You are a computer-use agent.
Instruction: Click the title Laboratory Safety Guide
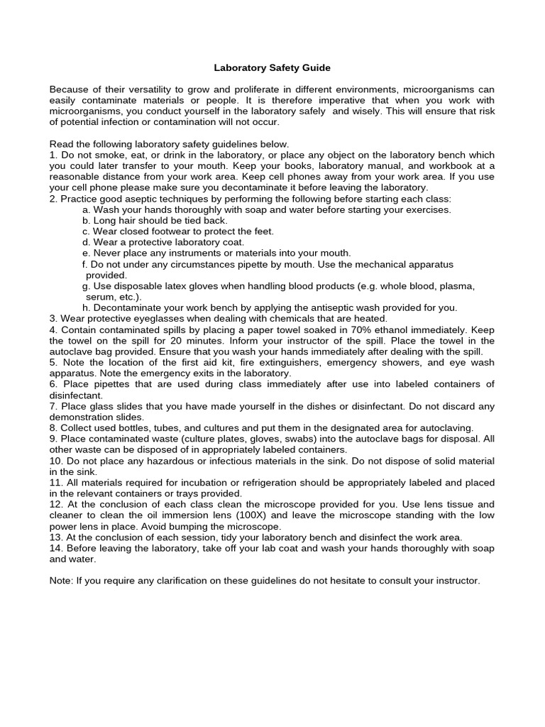[x=272, y=68]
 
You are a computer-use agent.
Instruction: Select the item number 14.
[x=55, y=548]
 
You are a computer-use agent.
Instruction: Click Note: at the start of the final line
[x=62, y=581]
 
